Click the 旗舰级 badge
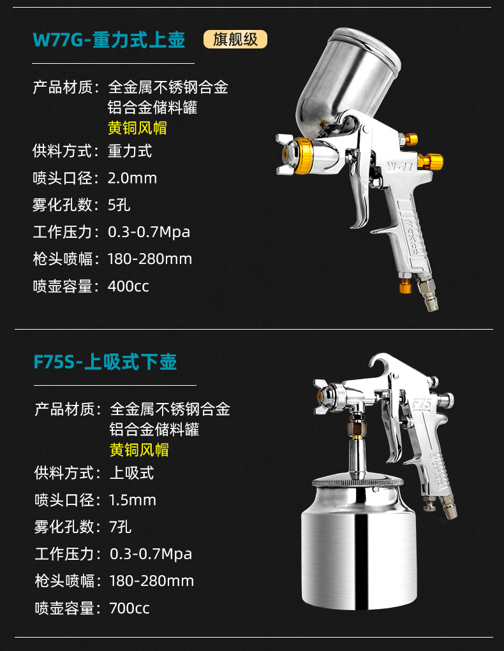click(x=235, y=40)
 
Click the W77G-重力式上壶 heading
click(x=109, y=40)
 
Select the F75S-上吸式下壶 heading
click(x=105, y=362)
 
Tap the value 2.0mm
click(x=132, y=178)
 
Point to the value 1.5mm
click(x=133, y=500)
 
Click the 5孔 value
click(x=119, y=205)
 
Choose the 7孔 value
click(x=121, y=527)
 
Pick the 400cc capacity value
click(x=128, y=286)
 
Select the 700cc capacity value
click(x=130, y=608)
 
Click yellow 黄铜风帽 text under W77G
click(x=137, y=128)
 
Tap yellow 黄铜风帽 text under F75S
click(x=139, y=450)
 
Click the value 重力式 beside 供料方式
click(x=130, y=151)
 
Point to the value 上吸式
click(x=132, y=473)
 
